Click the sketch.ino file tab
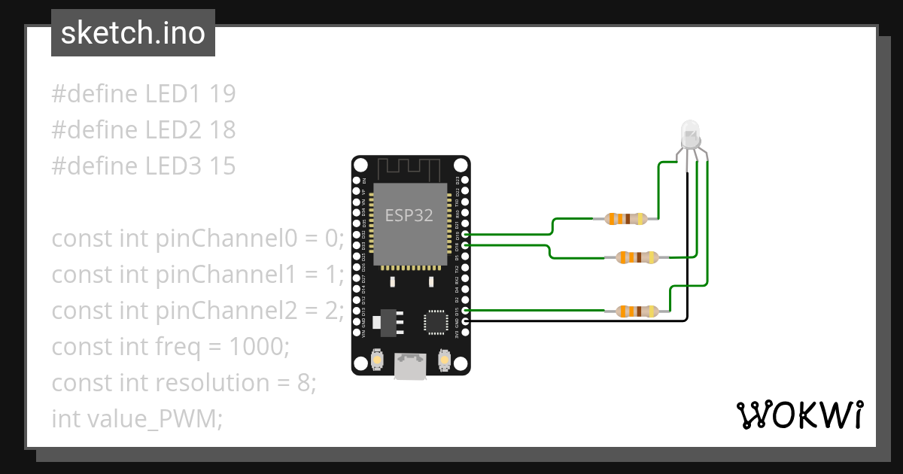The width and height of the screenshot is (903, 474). (x=133, y=33)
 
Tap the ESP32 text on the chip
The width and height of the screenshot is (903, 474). (x=409, y=215)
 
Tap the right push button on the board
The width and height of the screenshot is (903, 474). (x=445, y=363)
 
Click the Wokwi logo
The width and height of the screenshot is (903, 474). (x=799, y=415)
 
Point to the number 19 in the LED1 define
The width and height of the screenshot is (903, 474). (x=223, y=94)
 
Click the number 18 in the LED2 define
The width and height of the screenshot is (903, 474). (x=223, y=130)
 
